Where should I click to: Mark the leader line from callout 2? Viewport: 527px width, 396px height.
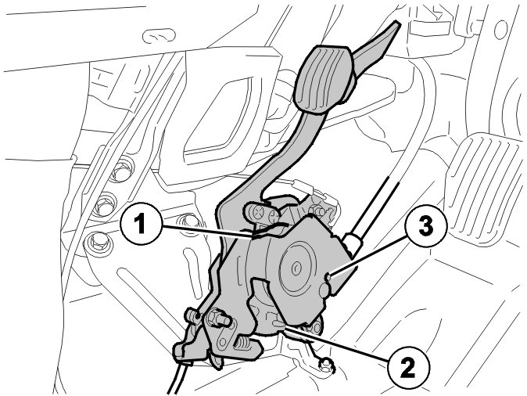(336, 343)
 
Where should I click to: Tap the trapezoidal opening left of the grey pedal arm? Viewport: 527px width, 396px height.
(220, 110)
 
